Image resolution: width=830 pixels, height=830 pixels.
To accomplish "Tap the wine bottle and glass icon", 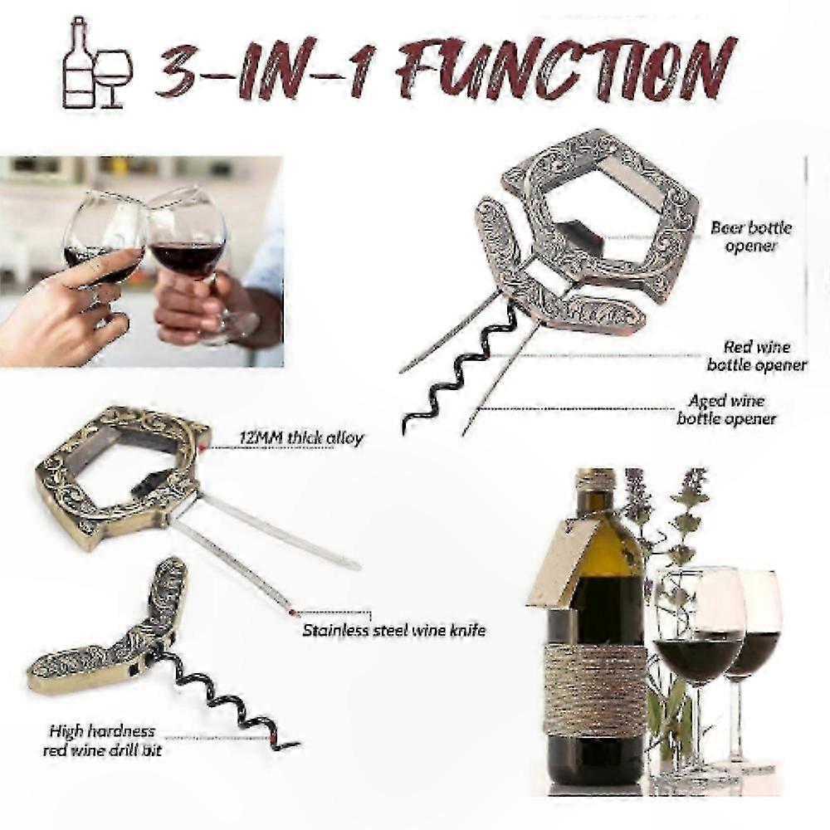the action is tap(97, 64).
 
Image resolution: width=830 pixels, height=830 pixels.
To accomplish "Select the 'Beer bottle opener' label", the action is tap(751, 237).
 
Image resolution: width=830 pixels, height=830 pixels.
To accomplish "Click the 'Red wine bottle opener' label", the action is tap(757, 356).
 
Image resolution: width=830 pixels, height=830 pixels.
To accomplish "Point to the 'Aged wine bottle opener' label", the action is tap(726, 410).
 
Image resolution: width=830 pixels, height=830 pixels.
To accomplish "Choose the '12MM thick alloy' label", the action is tap(301, 438).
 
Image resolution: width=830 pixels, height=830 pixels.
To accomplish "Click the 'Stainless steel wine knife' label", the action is tap(393, 631).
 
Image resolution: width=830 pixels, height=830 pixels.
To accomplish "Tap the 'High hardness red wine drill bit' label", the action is tap(102, 740).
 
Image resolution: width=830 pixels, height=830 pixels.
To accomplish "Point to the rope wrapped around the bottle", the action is tap(595, 690).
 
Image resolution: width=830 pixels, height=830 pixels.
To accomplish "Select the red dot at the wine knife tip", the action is tap(290, 613).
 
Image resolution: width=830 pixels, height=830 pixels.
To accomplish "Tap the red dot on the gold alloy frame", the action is tap(203, 448).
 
